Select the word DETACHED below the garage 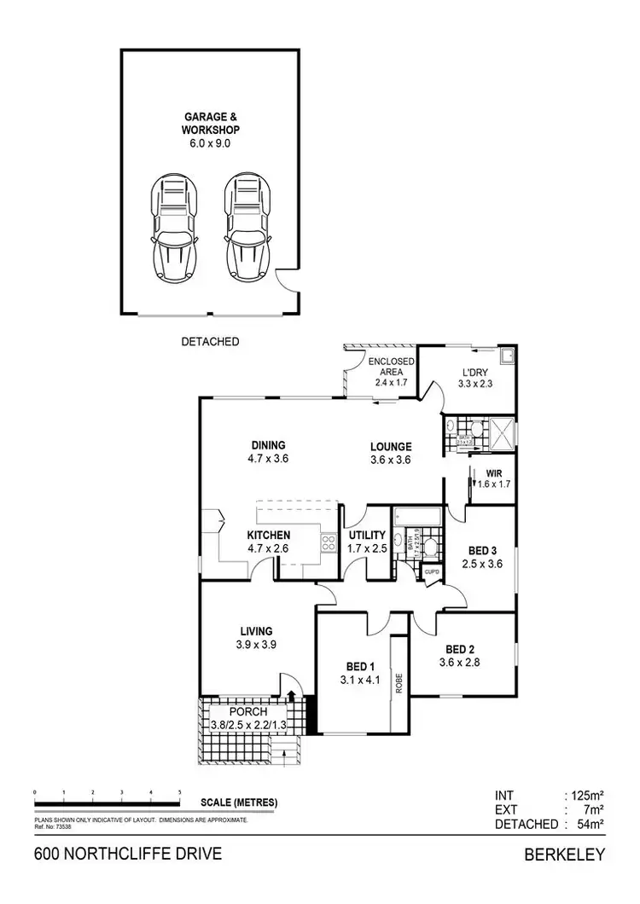210,341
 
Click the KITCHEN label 268,535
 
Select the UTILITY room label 367,535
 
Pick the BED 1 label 359,667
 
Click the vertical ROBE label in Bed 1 398,683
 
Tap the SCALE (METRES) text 240,803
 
